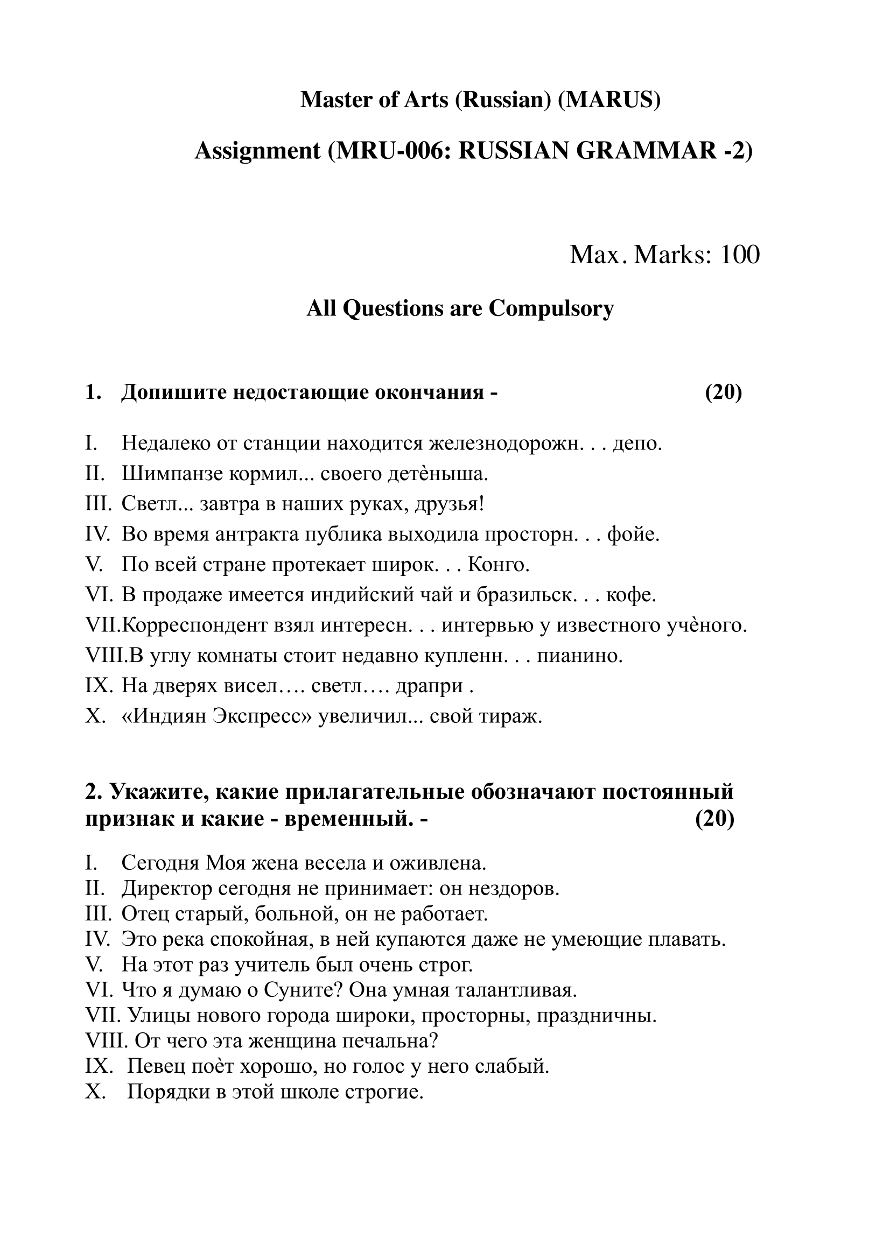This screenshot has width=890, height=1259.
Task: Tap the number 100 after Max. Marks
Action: click(x=740, y=255)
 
